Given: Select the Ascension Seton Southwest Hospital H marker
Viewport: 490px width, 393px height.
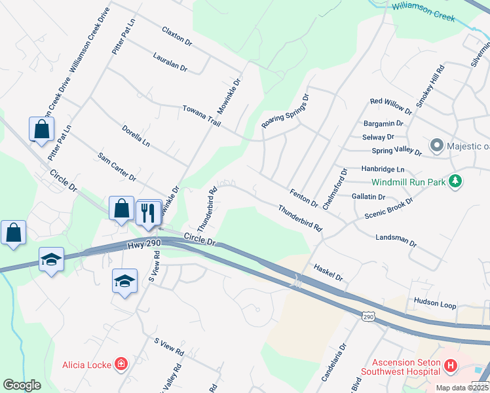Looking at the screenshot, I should [x=450, y=365].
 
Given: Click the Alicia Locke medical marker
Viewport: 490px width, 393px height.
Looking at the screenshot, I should [x=121, y=364].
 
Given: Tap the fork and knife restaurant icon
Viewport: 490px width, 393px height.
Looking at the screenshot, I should [x=148, y=212].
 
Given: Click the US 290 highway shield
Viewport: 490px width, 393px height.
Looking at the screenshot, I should [x=368, y=316].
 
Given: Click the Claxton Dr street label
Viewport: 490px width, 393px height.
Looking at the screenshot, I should [x=178, y=36].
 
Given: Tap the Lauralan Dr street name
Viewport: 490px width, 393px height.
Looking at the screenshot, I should [x=170, y=63].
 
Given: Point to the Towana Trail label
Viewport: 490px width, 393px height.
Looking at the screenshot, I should [x=201, y=115].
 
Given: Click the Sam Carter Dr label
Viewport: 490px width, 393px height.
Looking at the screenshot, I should [x=117, y=166].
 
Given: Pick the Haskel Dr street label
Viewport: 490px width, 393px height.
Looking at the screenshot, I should [x=328, y=272].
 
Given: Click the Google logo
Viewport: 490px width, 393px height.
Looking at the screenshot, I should [x=22, y=385].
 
